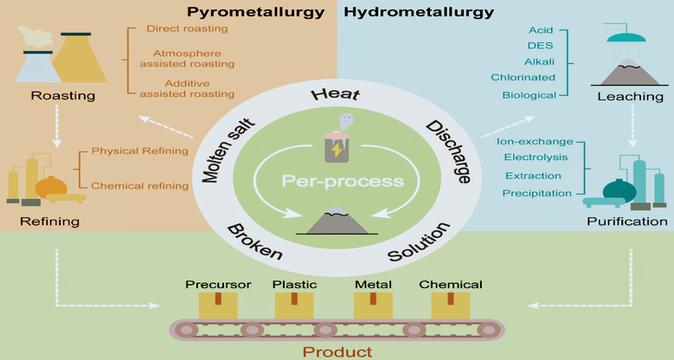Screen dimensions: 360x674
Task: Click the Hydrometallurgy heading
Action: [x=420, y=12]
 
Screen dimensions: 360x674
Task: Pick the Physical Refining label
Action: [x=152, y=151]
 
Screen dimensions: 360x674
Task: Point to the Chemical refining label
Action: [x=152, y=184]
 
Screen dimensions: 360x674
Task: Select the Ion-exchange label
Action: [x=535, y=139]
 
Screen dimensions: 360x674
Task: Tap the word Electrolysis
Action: [x=537, y=157]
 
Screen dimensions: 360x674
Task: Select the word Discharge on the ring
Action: [x=447, y=151]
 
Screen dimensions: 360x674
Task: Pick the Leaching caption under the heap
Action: [x=624, y=96]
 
